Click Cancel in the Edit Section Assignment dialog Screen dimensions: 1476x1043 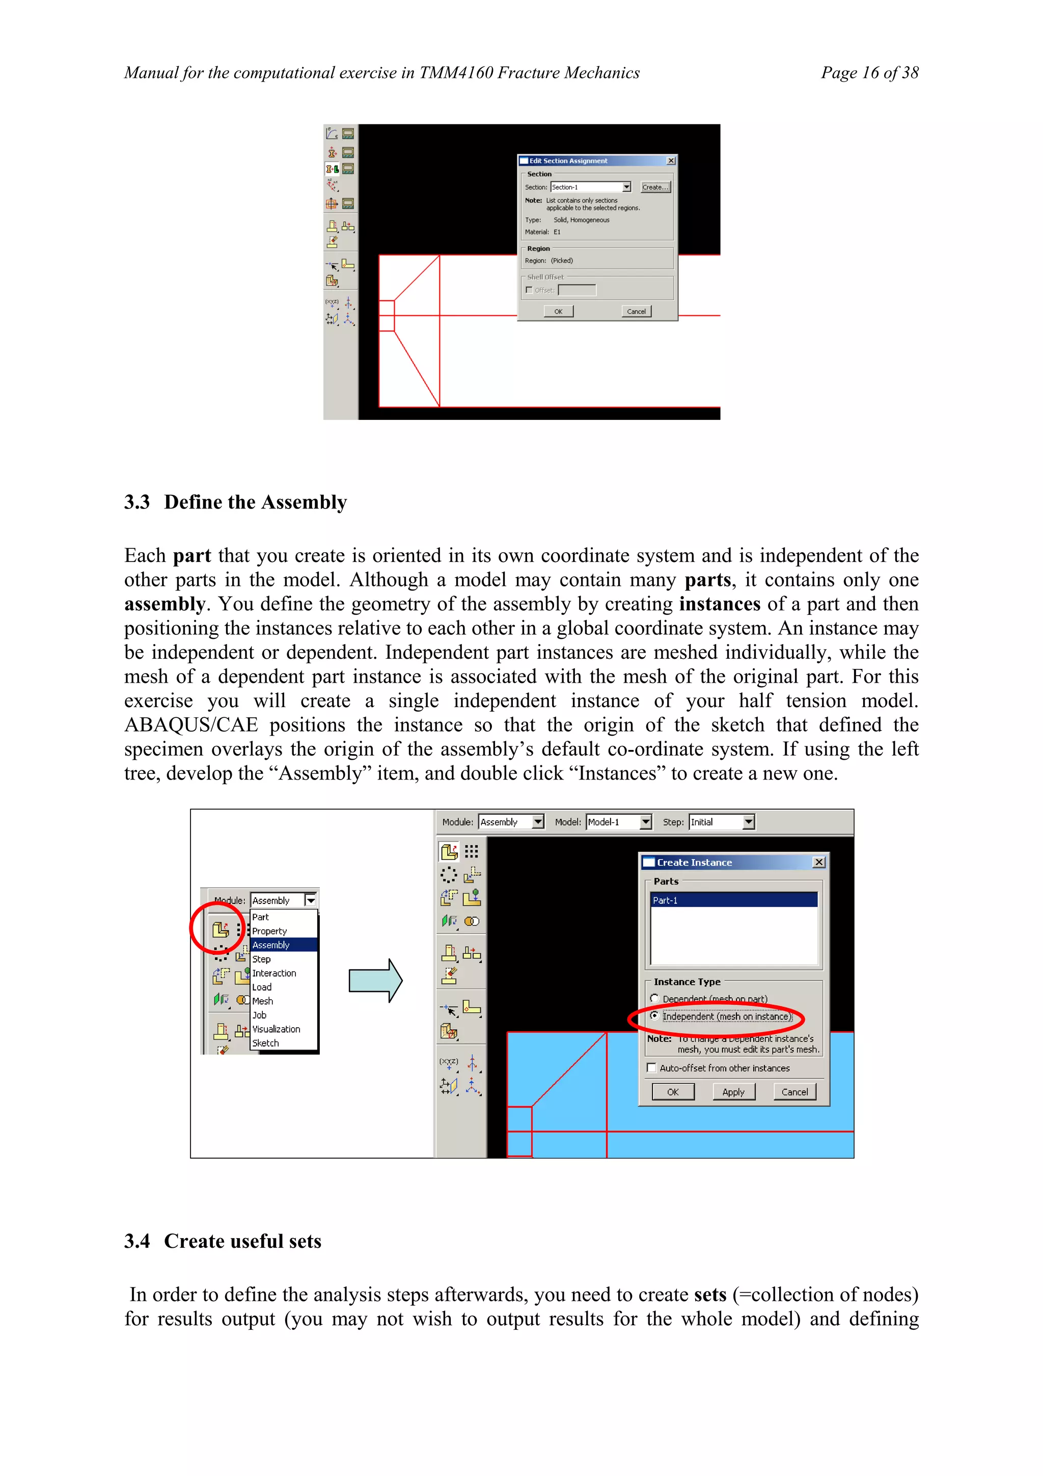click(636, 311)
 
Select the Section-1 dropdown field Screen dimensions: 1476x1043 click(590, 187)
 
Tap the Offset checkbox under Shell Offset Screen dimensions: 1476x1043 click(529, 290)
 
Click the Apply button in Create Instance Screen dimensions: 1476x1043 click(733, 1091)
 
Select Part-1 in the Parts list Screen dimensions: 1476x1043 click(733, 900)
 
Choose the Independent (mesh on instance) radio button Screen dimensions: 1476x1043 click(654, 1016)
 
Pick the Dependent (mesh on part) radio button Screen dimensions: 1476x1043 click(654, 999)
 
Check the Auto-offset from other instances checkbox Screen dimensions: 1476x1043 click(652, 1068)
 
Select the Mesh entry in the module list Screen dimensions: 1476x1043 click(262, 1001)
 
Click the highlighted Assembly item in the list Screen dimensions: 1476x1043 click(271, 945)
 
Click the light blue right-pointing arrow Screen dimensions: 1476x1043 click(375, 980)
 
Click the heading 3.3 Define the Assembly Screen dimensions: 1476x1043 click(235, 502)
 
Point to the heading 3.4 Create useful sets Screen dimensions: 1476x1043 click(223, 1241)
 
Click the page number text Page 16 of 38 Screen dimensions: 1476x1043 click(869, 73)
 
